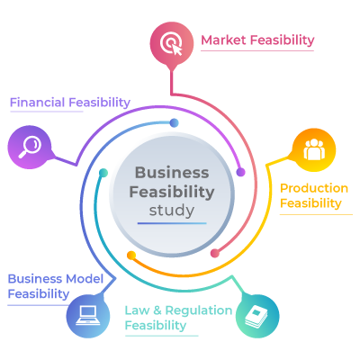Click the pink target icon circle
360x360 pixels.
pyautogui.click(x=172, y=43)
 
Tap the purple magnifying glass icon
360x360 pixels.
pyautogui.click(x=30, y=147)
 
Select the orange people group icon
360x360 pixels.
pyautogui.click(x=314, y=150)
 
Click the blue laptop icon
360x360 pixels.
pyautogui.click(x=88, y=316)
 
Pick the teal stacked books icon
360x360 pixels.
pyautogui.click(x=257, y=316)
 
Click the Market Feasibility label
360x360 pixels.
pyautogui.click(x=257, y=40)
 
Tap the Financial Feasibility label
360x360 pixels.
pyautogui.click(x=70, y=103)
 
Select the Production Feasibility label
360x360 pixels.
pyautogui.click(x=314, y=195)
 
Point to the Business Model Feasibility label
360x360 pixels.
pyautogui.click(x=56, y=286)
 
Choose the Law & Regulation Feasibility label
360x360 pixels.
pyautogui.click(x=178, y=318)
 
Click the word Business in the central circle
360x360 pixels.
pyautogui.click(x=172, y=173)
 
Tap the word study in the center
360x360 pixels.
pyautogui.click(x=172, y=211)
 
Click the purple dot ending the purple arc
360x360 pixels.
pyautogui.click(x=240, y=172)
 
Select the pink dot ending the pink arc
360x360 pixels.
pyautogui.click(x=215, y=253)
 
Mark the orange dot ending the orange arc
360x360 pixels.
pyautogui.click(x=131, y=256)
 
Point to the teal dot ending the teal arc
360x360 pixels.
pyautogui.click(x=103, y=173)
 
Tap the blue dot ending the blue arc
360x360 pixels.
pyautogui.click(x=174, y=122)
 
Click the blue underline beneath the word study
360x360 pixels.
pyautogui.click(x=172, y=223)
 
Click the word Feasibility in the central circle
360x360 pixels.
pyautogui.click(x=172, y=193)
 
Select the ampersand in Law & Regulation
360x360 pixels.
pyautogui.click(x=157, y=310)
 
